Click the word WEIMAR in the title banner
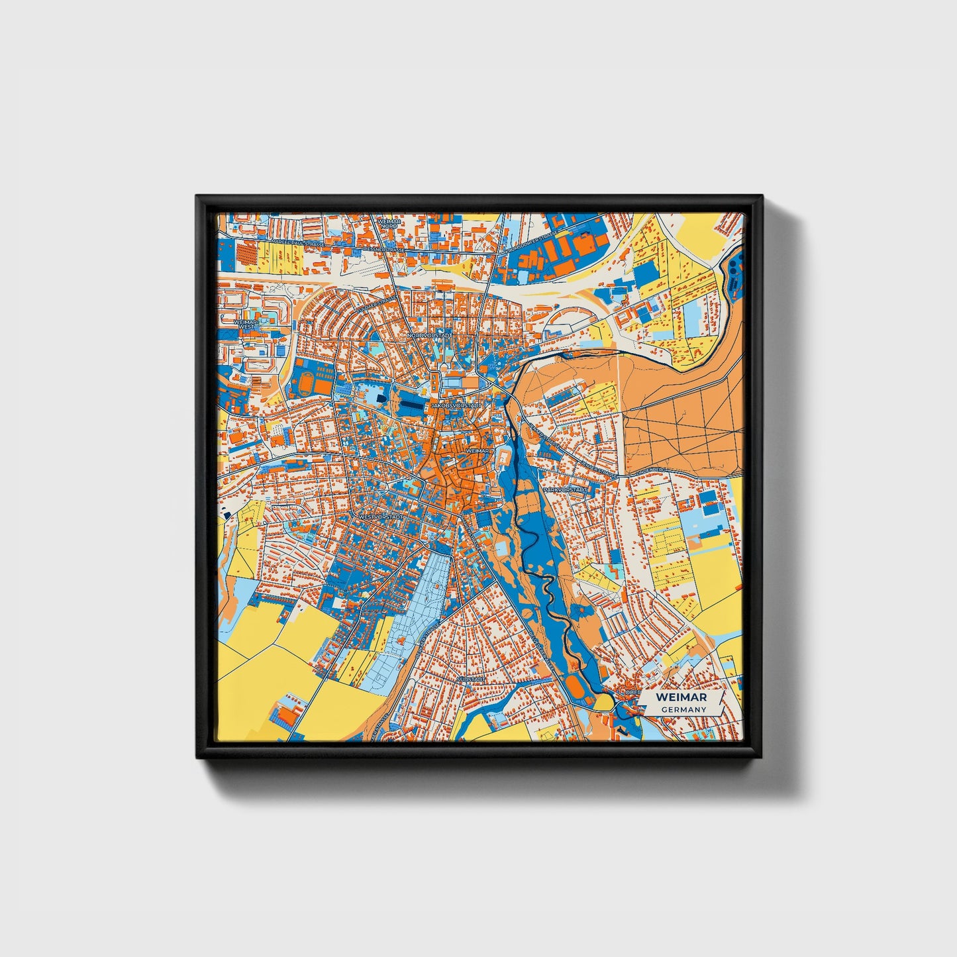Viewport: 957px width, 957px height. (681, 697)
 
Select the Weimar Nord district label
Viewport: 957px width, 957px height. (389, 223)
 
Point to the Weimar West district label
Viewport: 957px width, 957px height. (245, 324)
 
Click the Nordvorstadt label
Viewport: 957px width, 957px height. (429, 336)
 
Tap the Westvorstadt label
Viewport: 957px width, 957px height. (380, 517)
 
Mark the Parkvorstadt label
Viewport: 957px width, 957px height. (565, 490)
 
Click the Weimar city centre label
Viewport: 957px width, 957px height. (477, 450)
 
